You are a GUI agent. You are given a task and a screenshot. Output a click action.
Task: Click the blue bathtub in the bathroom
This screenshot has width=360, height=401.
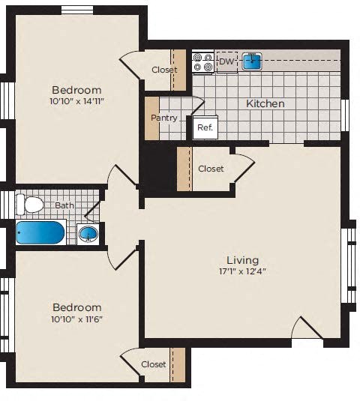40,232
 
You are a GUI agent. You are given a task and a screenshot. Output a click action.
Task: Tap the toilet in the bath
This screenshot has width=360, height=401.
32,205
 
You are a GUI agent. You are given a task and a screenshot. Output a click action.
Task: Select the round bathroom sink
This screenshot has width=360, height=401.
88,234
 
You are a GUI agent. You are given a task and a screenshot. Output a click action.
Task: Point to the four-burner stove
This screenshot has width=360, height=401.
202,61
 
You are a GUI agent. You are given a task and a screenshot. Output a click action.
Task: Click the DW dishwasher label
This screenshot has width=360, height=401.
225,61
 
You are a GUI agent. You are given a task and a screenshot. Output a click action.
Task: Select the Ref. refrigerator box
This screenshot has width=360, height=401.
205,127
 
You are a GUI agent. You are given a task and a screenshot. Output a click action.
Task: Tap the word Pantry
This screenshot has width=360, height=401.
163,118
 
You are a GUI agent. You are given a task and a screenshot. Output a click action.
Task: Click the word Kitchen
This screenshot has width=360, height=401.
265,103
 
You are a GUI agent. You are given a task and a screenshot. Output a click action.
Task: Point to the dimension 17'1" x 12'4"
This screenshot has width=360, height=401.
243,271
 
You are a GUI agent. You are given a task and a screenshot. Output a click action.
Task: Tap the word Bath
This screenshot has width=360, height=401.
64,204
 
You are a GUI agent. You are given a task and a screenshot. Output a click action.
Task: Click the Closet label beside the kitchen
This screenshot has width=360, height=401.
164,70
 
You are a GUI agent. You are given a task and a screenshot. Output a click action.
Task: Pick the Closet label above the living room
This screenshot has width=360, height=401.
211,169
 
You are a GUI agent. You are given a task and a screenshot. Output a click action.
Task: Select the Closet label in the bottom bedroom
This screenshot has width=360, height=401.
154,364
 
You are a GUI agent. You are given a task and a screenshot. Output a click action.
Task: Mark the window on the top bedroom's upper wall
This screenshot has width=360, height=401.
76,9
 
